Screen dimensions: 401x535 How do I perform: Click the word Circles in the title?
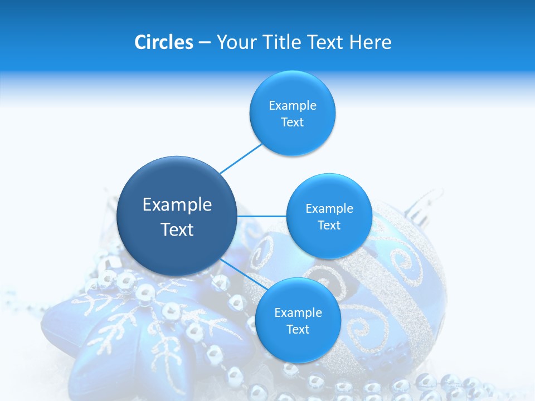[163, 42]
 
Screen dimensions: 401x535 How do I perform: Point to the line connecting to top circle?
[241, 158]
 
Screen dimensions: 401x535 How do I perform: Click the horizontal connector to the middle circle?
[262, 216]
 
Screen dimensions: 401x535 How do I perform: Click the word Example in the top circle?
[292, 105]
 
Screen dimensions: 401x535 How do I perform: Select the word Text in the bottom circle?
[298, 329]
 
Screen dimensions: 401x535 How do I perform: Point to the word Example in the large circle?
[177, 204]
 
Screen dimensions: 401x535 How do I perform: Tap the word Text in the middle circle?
[329, 225]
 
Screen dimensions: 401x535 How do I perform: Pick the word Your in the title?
[236, 42]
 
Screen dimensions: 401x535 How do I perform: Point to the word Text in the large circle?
[177, 229]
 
